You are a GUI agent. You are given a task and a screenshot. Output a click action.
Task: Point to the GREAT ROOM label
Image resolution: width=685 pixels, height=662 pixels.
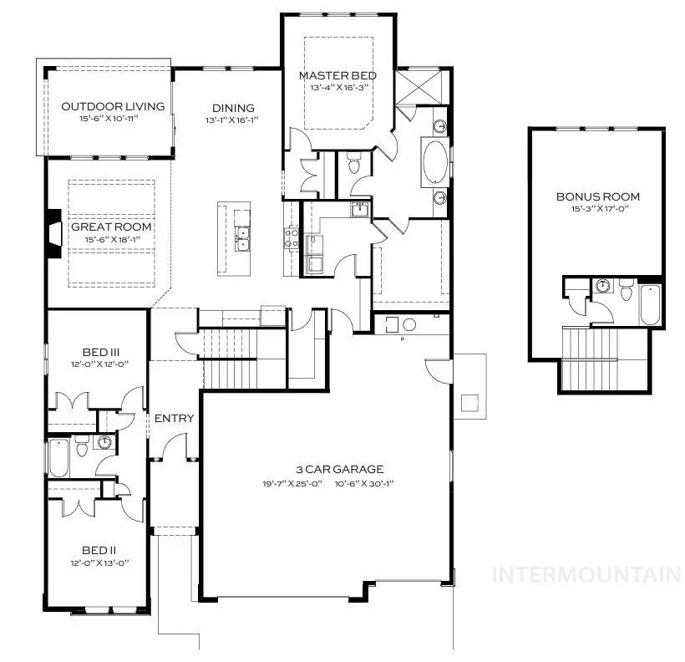click(111, 227)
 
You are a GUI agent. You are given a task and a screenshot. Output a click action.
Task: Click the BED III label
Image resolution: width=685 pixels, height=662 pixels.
click(99, 352)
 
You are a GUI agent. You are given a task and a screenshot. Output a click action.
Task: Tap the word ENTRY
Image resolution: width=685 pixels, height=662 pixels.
click(175, 418)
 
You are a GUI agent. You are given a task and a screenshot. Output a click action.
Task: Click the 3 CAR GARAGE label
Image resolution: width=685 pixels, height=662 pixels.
click(327, 470)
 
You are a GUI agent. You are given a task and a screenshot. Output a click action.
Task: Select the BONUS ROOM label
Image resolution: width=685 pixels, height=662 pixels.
click(597, 197)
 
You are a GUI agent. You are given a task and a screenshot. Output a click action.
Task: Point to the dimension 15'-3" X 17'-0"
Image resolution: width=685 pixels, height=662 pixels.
click(597, 209)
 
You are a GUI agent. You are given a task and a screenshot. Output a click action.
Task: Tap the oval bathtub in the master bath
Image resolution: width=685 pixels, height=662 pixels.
click(436, 162)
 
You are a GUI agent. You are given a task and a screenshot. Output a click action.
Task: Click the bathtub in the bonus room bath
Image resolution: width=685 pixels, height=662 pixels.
click(651, 306)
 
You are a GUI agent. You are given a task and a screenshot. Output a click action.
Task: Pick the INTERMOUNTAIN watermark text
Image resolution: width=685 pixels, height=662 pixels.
click(586, 574)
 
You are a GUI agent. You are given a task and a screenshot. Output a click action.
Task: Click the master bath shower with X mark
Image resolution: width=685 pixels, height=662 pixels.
click(413, 86)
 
